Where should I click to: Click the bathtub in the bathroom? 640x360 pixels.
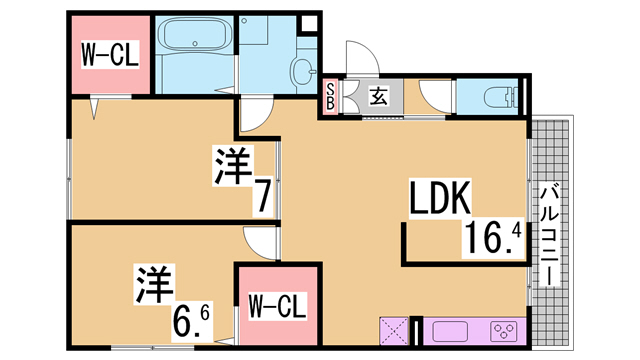194,34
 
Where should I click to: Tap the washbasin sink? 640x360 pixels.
303,71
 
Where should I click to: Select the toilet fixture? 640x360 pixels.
500,97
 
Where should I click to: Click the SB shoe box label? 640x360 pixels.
330,96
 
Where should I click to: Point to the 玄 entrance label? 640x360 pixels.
379,96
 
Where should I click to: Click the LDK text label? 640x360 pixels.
440,198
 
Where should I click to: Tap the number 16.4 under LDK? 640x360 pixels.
493,238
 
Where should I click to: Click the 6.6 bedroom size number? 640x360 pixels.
191,322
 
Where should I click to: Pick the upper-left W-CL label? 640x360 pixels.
110,54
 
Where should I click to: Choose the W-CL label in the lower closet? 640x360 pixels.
278,306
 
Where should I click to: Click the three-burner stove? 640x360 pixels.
504,331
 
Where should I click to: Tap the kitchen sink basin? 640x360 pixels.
450,331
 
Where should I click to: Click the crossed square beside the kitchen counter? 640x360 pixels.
394,331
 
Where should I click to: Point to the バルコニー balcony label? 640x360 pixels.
549,236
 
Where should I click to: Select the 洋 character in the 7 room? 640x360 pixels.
233,166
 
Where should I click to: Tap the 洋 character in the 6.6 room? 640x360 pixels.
155,284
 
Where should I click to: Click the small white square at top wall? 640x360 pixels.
309,23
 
